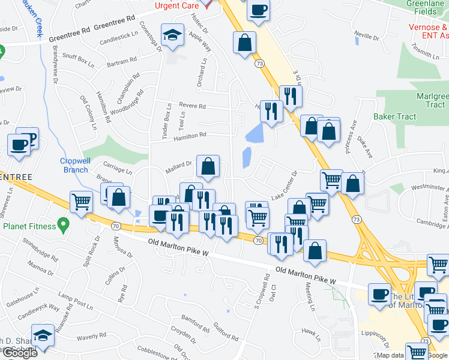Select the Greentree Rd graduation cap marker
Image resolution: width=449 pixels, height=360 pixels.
(x=172, y=35)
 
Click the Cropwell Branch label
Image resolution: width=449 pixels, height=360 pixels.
(x=75, y=165)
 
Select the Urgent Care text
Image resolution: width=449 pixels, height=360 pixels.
(x=176, y=5)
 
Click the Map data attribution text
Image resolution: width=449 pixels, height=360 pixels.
(x=390, y=355)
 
